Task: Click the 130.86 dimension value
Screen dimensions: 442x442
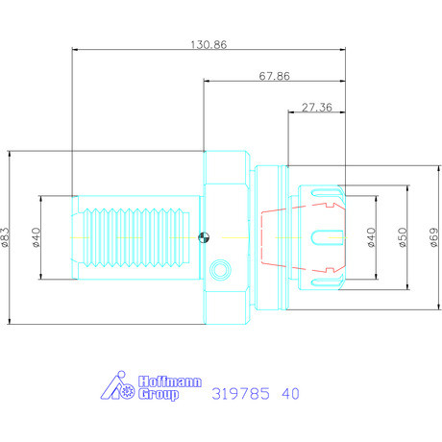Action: point(209,44)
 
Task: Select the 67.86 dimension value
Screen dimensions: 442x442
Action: point(275,76)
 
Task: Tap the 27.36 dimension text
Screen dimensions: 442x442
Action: point(317,108)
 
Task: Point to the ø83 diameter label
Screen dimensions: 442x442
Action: point(6,237)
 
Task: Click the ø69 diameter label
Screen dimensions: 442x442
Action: point(434,237)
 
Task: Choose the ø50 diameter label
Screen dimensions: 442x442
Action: point(403,237)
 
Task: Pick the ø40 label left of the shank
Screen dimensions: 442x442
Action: point(37,237)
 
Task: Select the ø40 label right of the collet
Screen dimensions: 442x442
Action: point(371,237)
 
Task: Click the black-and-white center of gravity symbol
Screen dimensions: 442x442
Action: point(204,237)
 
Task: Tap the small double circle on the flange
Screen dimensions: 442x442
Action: point(220,270)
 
